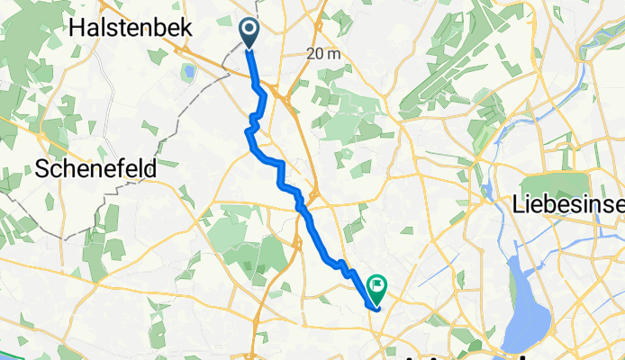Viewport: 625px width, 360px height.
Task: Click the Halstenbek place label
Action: (130, 28)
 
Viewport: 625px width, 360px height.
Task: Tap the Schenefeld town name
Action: (97, 167)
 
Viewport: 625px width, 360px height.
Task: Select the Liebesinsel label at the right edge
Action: (568, 205)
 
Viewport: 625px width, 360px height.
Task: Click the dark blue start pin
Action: (249, 32)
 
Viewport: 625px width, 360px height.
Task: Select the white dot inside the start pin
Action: (249, 29)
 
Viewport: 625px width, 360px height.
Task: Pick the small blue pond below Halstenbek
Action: (189, 71)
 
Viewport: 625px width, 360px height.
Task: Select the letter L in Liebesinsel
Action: (518, 205)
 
